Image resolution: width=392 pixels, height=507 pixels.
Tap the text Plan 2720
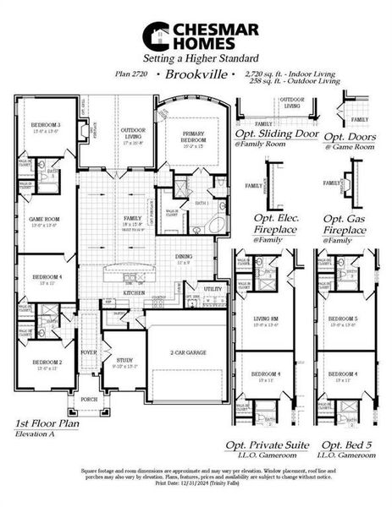pos(135,75)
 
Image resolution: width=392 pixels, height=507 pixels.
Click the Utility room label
pos(212,289)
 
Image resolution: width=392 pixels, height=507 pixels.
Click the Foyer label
pos(90,354)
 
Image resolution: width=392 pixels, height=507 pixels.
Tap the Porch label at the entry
pos(89,398)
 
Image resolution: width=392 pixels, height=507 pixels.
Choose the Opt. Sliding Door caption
pos(273,137)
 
